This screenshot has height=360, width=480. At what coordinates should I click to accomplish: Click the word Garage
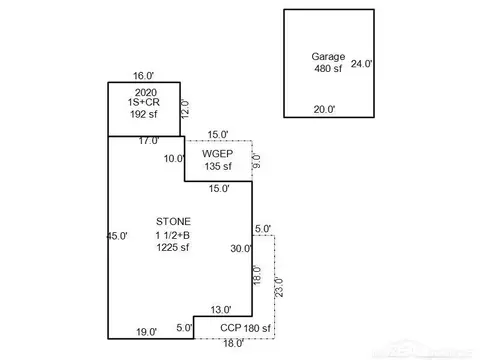pos(328,57)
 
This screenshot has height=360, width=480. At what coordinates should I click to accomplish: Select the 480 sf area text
pos(328,68)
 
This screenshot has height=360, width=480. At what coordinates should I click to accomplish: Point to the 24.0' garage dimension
pos(361,64)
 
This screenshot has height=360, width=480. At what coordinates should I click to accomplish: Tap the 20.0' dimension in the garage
pos(324,109)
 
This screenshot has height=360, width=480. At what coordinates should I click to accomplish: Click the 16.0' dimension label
pos(143,76)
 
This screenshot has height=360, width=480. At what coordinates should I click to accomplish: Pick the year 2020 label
pos(146,92)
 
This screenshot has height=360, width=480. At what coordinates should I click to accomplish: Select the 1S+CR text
pos(144,102)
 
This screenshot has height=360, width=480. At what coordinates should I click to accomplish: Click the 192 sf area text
pos(144,114)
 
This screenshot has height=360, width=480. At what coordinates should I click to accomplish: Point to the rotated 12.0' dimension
pos(184,109)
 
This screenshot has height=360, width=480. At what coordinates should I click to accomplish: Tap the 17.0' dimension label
pos(149,141)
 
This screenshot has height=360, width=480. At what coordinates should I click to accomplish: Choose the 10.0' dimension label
pos(174,159)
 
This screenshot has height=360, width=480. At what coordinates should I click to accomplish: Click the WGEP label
pos(217,154)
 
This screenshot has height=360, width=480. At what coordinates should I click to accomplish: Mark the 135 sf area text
pos(218,166)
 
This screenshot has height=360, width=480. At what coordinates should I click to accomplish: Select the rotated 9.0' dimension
pos(256,161)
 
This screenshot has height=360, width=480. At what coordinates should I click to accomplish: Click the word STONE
pos(173,221)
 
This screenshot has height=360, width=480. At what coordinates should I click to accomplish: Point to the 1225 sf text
pos(173,247)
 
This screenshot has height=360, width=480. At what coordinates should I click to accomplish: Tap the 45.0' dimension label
pos(117,236)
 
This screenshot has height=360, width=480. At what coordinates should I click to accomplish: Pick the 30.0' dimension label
pos(241,248)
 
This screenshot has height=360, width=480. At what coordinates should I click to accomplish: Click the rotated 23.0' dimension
pos(279,287)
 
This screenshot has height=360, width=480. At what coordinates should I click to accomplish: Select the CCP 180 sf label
pos(245,328)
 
